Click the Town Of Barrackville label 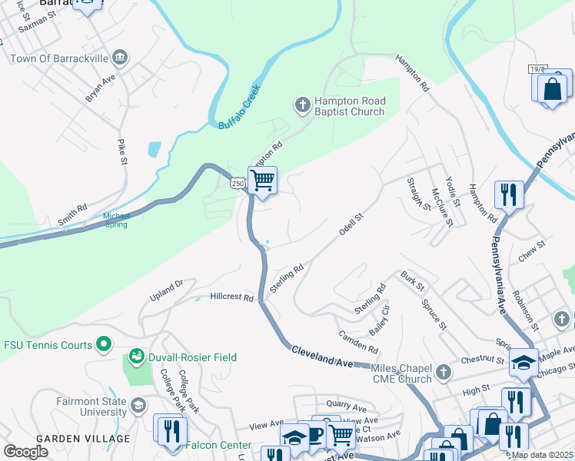(60, 58)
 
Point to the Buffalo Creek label (240, 107)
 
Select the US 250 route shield (238, 183)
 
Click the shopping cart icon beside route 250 (263, 181)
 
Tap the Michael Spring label (117, 221)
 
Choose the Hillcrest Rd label (231, 297)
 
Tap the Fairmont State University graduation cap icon (138, 405)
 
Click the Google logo (26, 452)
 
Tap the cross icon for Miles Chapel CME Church (443, 373)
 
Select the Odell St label (351, 225)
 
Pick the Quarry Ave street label (347, 406)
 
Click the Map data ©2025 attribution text (543, 455)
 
